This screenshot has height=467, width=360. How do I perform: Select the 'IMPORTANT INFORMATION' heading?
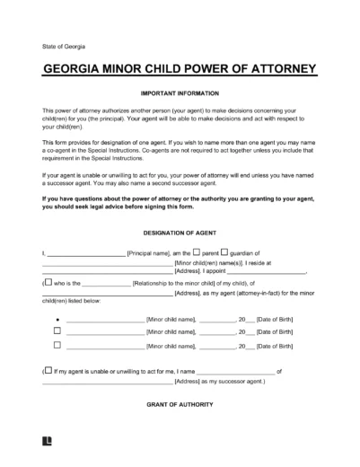pos(180,93)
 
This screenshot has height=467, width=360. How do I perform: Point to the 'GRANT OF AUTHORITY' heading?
pos(180,405)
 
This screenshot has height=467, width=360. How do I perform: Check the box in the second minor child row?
pos(57,330)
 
